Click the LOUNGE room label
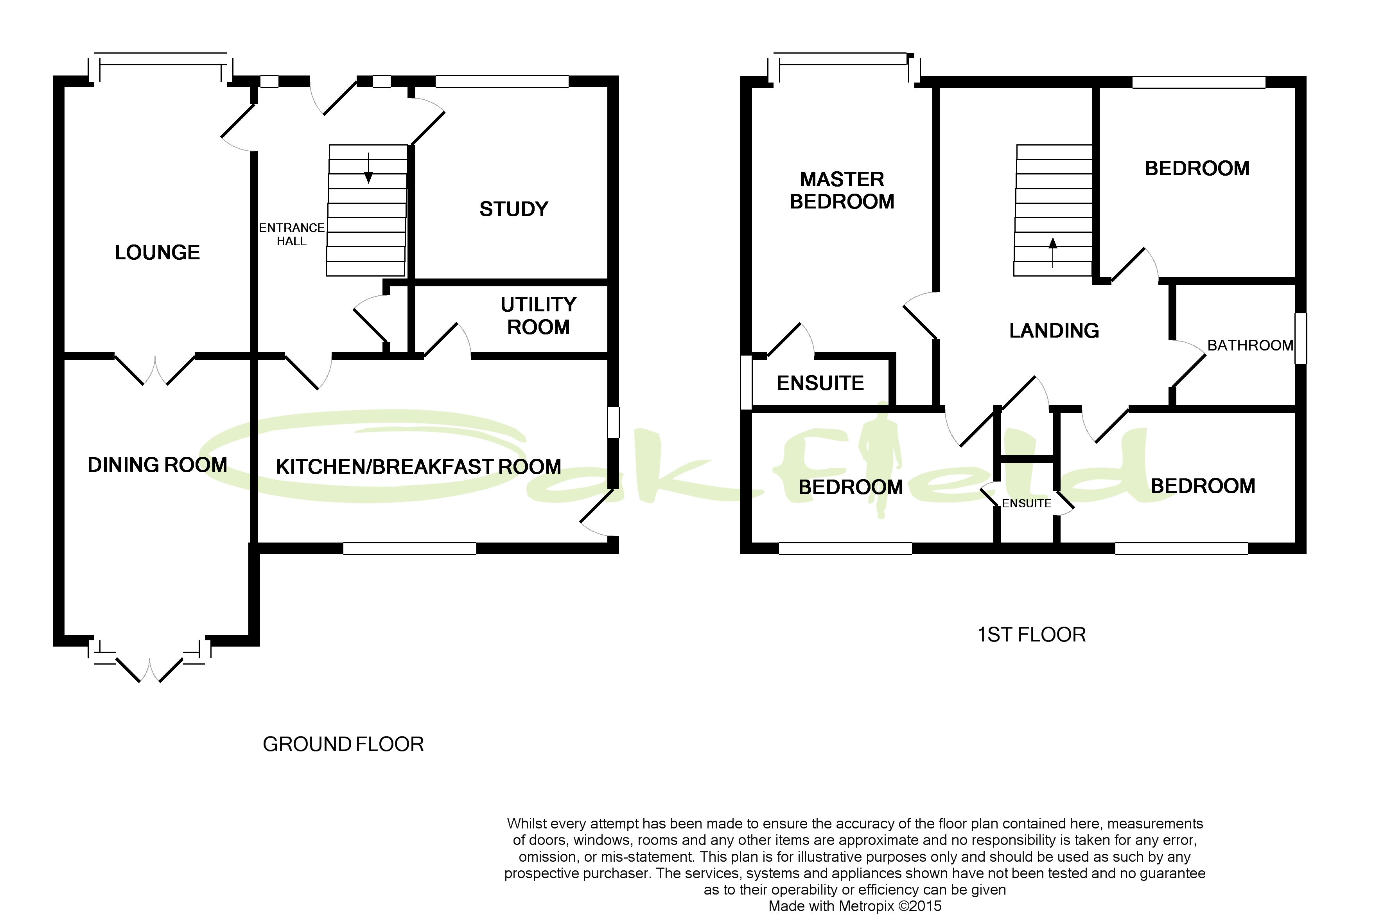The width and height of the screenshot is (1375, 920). [157, 252]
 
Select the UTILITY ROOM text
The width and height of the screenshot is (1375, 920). [538, 316]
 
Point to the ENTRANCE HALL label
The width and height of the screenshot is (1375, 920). [292, 234]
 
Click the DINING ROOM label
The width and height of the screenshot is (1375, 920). [157, 465]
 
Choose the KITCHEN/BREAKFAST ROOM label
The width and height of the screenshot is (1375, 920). [418, 466]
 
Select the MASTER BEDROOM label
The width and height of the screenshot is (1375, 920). [842, 190]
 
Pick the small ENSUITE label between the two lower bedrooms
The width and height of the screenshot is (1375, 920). [1026, 503]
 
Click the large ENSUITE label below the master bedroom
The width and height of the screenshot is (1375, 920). [820, 383]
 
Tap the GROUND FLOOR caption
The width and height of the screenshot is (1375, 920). [343, 744]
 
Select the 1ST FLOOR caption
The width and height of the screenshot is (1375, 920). [1031, 634]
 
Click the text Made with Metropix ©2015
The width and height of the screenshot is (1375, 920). [855, 906]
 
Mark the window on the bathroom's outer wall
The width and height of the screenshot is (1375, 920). [1301, 339]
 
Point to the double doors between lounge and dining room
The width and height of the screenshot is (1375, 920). [155, 370]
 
